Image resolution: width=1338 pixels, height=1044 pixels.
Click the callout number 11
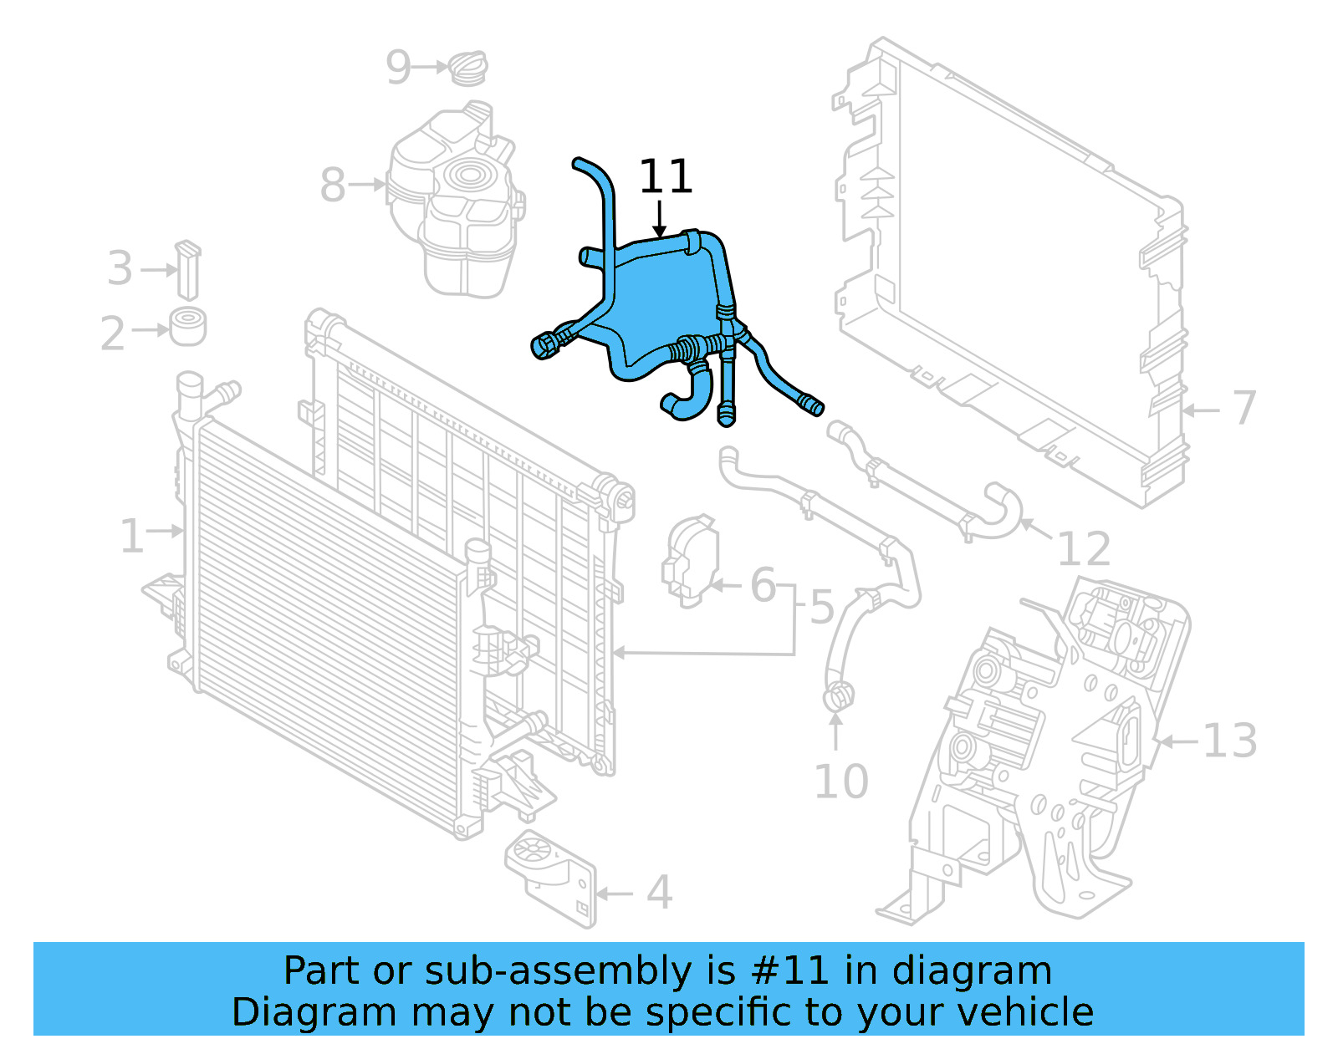pos(666,177)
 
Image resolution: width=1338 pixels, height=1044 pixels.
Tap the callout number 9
pos(399,68)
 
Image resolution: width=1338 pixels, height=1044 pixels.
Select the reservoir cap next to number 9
pos(468,68)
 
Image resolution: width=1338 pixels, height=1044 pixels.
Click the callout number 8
pos(332,185)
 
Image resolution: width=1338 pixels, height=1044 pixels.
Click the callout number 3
pos(120,269)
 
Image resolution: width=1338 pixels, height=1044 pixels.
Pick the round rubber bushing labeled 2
pos(188,326)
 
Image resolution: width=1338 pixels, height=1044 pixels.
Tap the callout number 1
pos(131,536)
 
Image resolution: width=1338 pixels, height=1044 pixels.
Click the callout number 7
pos(1244,408)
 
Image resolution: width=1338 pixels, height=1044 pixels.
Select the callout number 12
pos(1084,549)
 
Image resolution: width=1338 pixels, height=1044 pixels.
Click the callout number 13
pos(1229,741)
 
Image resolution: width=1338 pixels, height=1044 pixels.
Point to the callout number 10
pos(840,782)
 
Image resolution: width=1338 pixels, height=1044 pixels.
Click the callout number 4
pos(659,893)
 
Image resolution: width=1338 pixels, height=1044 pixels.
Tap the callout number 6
pos(763,585)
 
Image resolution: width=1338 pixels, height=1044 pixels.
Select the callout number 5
pos(821,608)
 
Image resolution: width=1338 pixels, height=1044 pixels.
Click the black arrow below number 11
pos(660,219)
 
